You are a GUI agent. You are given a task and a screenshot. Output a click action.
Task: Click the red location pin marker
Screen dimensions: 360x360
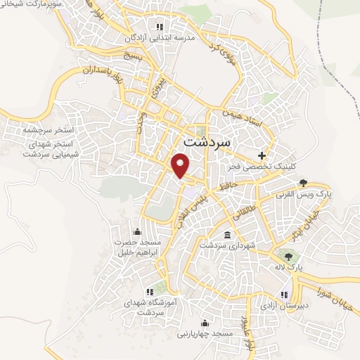coord(181,165)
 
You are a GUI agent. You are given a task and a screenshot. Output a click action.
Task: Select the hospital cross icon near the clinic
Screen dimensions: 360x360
coord(262,155)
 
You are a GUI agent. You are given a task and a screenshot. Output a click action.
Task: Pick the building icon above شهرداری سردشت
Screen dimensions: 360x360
coord(226,235)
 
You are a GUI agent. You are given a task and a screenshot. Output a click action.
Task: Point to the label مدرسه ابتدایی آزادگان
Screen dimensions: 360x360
coord(159,38)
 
